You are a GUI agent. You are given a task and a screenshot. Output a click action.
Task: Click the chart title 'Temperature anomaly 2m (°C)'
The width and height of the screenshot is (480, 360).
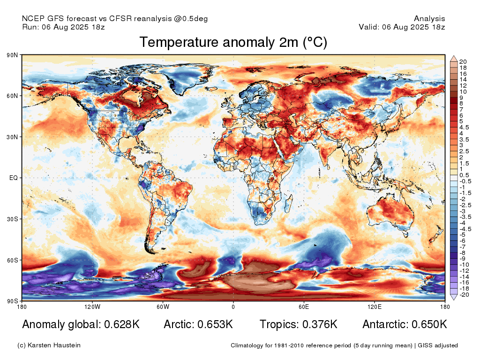click(233, 42)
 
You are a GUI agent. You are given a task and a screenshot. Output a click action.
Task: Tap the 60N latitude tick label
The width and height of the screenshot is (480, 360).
click(12, 96)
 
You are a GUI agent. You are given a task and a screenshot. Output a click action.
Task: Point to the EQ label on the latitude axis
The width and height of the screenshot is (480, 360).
click(14, 178)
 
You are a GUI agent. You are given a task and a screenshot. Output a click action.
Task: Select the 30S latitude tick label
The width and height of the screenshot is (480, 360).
click(13, 219)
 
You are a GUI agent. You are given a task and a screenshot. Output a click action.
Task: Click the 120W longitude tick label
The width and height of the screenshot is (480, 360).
click(92, 307)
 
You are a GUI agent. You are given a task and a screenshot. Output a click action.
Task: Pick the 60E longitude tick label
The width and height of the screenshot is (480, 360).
click(304, 307)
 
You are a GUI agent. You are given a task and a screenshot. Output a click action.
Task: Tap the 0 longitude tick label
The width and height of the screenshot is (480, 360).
click(233, 307)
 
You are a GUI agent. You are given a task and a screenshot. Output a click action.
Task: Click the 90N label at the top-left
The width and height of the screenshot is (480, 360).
click(12, 55)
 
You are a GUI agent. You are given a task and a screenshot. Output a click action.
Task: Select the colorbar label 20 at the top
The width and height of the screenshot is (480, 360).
click(463, 62)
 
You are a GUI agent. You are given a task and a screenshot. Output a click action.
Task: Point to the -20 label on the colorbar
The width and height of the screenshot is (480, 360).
click(465, 295)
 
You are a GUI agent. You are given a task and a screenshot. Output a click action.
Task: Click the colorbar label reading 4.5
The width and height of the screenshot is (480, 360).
click(464, 127)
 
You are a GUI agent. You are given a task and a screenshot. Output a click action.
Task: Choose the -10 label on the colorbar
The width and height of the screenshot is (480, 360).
click(465, 265)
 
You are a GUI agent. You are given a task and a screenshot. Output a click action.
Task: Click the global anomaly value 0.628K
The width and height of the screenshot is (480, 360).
click(122, 324)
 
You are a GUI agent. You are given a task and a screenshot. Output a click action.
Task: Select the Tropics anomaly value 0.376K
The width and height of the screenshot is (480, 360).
click(320, 324)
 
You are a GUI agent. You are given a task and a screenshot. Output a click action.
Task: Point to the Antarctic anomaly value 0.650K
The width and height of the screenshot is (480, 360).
click(429, 324)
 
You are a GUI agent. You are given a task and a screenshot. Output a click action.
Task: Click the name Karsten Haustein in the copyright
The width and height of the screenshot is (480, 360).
click(54, 345)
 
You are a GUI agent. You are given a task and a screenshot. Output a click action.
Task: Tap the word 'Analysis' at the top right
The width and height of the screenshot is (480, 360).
click(429, 19)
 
